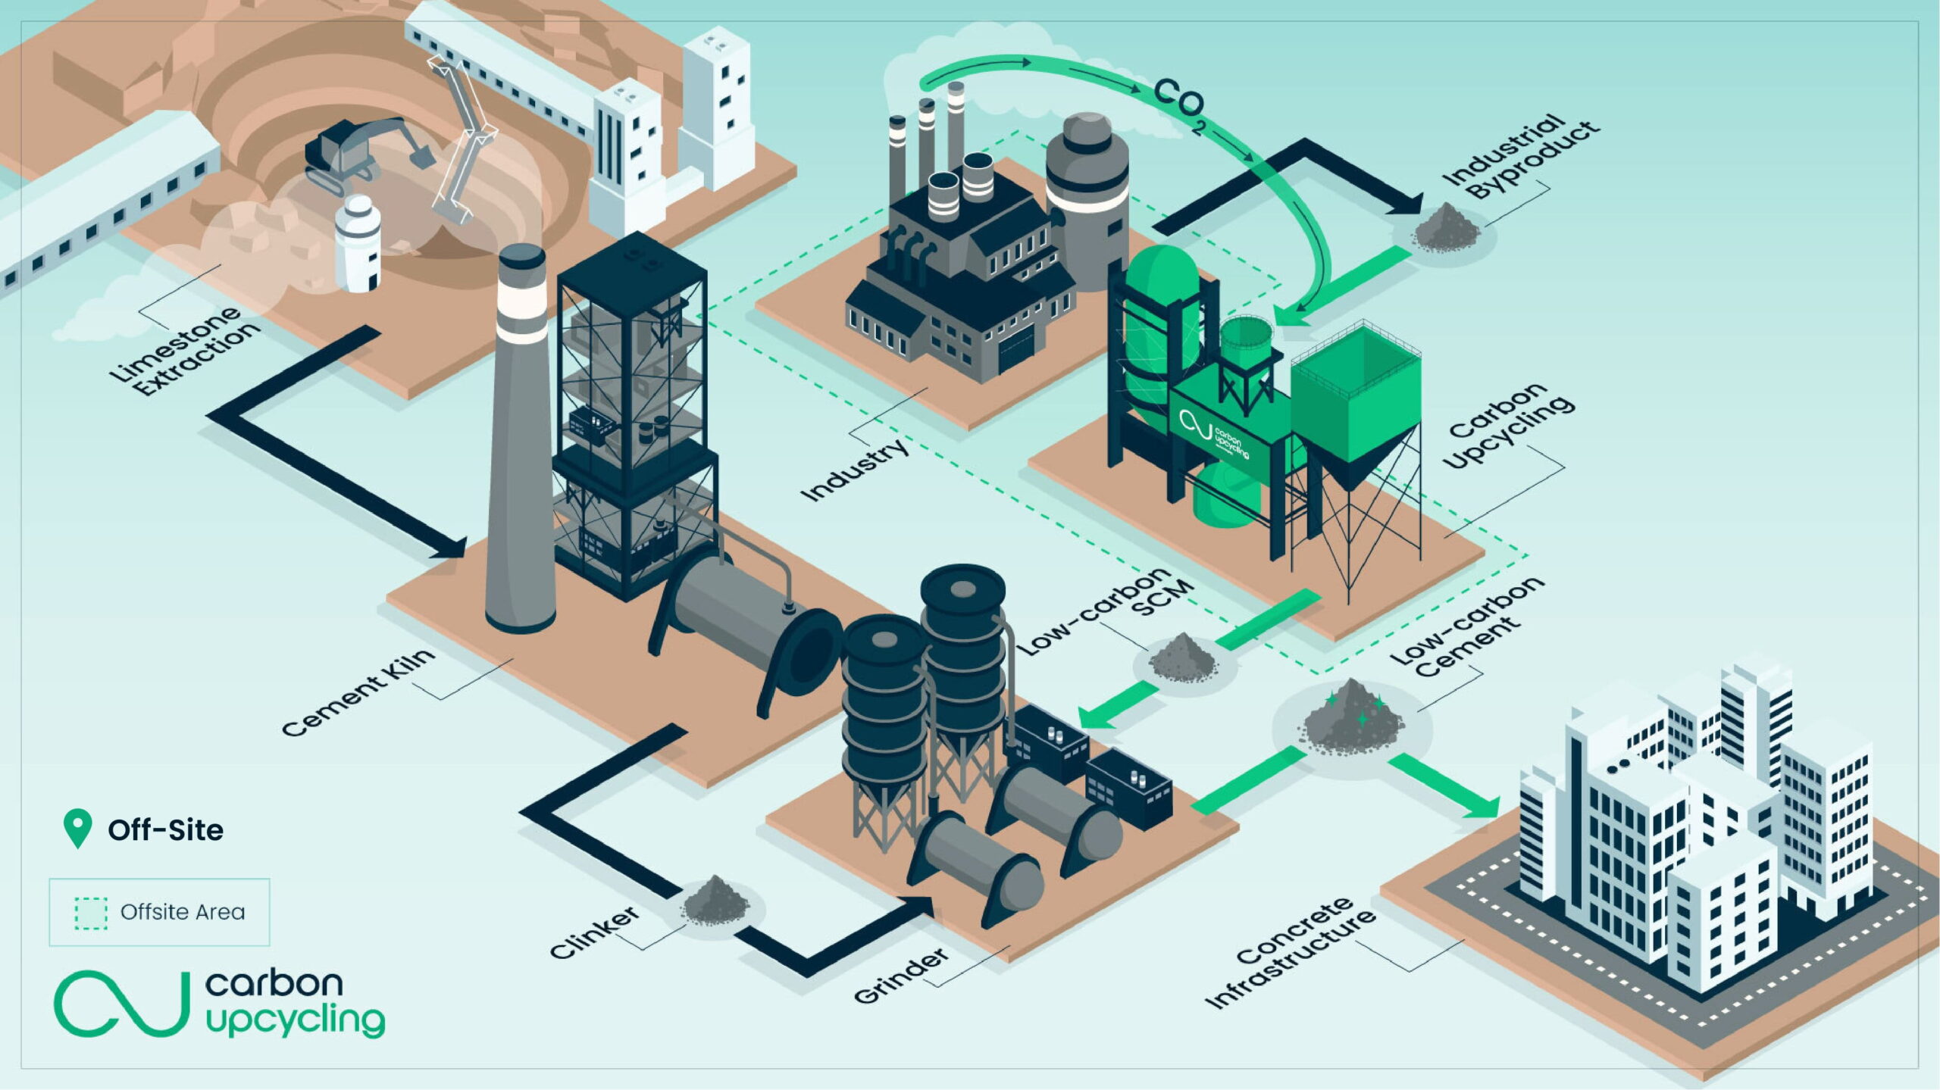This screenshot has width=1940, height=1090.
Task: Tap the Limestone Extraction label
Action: point(183,350)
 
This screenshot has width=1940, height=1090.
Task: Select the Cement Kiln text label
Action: point(358,692)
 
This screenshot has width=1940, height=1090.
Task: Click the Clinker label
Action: point(594,932)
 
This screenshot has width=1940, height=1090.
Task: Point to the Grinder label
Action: point(900,976)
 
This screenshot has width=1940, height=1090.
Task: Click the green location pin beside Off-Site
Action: point(77,828)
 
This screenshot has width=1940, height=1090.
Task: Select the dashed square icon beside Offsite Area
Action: point(91,913)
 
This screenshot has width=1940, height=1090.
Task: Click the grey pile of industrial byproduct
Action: point(1446,228)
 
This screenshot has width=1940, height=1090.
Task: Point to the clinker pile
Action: point(715,901)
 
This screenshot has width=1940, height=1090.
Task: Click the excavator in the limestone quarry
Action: point(364,155)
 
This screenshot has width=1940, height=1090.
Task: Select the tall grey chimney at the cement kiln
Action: point(520,439)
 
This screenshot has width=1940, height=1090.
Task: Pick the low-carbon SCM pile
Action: point(1182,657)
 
